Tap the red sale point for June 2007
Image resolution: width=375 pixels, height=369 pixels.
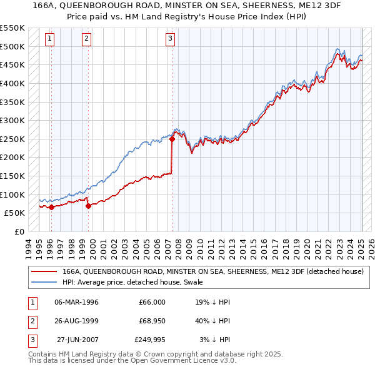point(172,139)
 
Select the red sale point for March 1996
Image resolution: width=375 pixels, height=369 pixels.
point(51,208)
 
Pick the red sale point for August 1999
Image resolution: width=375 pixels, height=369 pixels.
point(88,206)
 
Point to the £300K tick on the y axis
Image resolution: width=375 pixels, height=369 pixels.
point(13,120)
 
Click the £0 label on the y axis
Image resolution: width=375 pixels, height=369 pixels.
point(20,232)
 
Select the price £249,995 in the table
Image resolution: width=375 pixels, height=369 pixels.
point(150,340)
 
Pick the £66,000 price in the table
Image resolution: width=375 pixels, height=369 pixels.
point(152,302)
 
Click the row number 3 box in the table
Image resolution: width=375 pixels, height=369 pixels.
point(32,340)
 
